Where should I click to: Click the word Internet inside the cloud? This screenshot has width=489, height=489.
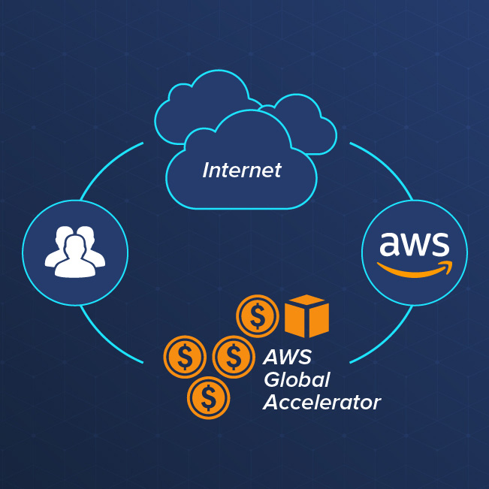point(242,171)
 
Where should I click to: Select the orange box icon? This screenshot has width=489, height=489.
point(306,315)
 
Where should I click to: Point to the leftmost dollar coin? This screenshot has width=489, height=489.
point(185,356)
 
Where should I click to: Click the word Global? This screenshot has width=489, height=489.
point(296,379)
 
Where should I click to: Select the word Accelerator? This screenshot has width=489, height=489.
point(321,403)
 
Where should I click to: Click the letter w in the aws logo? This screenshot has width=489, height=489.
point(414,244)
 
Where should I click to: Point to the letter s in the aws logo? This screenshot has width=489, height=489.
point(439,244)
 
